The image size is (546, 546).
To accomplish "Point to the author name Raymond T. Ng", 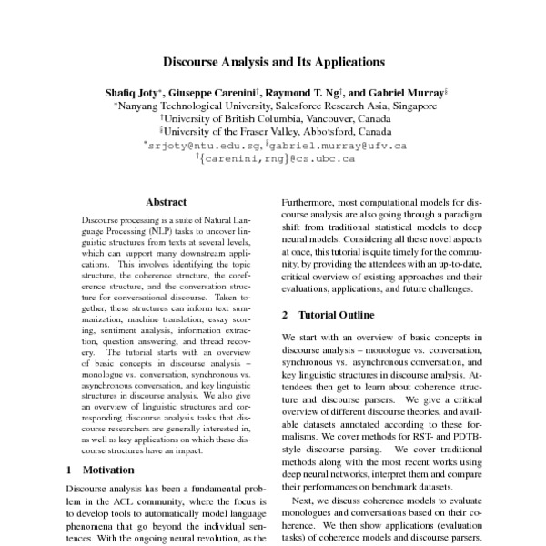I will (303, 93).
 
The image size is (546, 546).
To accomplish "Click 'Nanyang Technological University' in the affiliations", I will (188, 106).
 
